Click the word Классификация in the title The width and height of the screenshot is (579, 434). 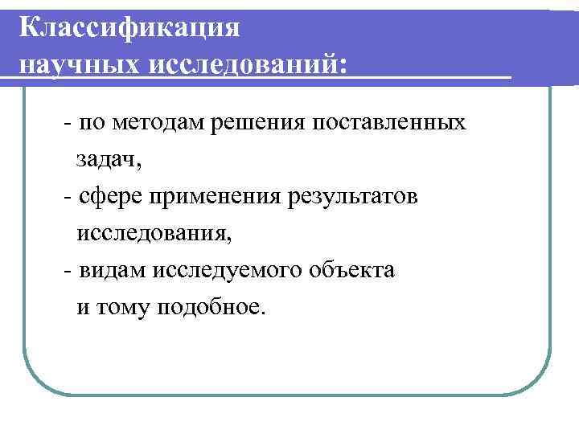[129, 27]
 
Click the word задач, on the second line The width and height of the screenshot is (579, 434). [108, 160]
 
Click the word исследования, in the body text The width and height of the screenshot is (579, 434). [153, 234]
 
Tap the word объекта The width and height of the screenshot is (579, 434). [350, 271]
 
